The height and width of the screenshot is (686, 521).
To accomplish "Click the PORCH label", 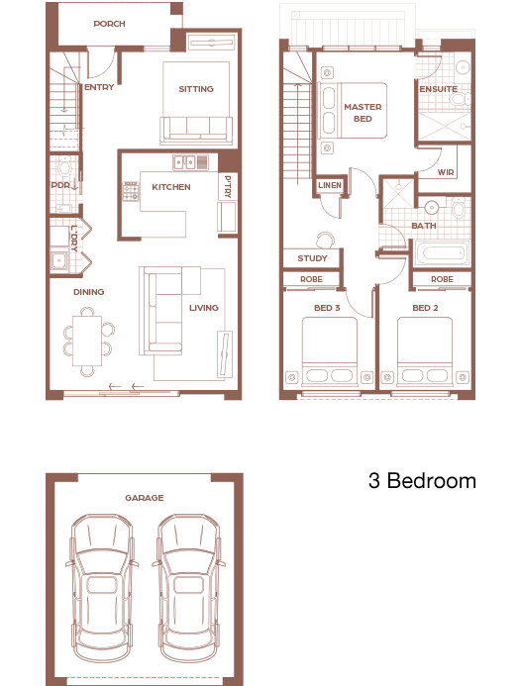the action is pyautogui.click(x=110, y=24).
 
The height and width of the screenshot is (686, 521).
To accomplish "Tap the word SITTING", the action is pyautogui.click(x=196, y=89).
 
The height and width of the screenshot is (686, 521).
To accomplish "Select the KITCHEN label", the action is pyautogui.click(x=171, y=187).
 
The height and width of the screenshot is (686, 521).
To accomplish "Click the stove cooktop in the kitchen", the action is pyautogui.click(x=131, y=192).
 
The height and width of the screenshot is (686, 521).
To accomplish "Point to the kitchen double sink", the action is pyautogui.click(x=185, y=162).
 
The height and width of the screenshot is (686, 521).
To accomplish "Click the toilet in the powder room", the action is pyautogui.click(x=64, y=166).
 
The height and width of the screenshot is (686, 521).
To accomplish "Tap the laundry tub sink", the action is pyautogui.click(x=58, y=260).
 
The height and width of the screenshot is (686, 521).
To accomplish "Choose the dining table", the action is pyautogui.click(x=87, y=341).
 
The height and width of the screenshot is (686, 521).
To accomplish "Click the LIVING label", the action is pyautogui.click(x=204, y=308).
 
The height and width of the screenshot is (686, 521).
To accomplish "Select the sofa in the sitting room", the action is pyautogui.click(x=196, y=130).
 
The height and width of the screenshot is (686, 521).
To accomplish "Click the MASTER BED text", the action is pyautogui.click(x=363, y=113).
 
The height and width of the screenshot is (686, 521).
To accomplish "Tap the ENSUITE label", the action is pyautogui.click(x=438, y=89).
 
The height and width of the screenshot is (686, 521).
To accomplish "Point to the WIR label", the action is pyautogui.click(x=446, y=172).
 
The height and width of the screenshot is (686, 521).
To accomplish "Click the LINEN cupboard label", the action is pyautogui.click(x=330, y=185).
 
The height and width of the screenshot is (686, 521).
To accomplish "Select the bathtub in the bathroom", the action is pyautogui.click(x=441, y=252).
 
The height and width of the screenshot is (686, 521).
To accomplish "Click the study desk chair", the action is pyautogui.click(x=325, y=240).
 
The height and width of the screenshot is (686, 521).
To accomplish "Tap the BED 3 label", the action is pyautogui.click(x=327, y=308).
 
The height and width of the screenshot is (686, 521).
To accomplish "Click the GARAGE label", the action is pyautogui.click(x=145, y=498).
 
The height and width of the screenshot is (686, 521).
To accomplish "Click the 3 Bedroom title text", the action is pyautogui.click(x=422, y=480).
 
